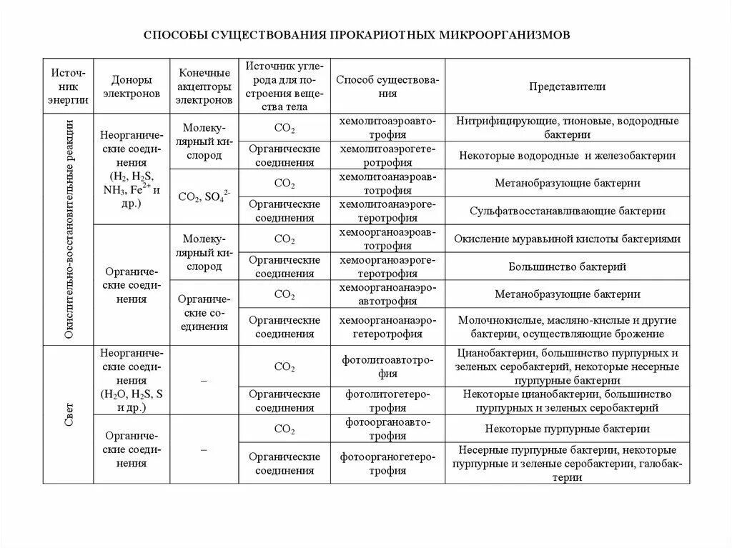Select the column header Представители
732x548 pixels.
[x=567, y=86]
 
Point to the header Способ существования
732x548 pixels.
[x=387, y=86]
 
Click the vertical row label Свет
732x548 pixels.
[x=68, y=414]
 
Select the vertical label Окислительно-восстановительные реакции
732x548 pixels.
[x=68, y=229]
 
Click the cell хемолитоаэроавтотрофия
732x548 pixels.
[x=387, y=127]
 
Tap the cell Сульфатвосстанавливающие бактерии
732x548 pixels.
[x=567, y=211]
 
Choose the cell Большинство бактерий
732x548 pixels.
[x=567, y=266]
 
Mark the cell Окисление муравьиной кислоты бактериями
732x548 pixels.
[x=567, y=239]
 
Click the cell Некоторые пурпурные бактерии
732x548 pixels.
[x=567, y=429]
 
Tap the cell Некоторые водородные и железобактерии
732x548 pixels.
[x=567, y=155]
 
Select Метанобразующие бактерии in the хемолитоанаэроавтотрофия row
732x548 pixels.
[x=567, y=183]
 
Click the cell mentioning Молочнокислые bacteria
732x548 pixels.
[x=567, y=327]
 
